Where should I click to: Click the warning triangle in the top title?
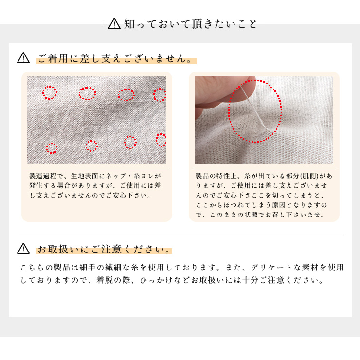[x=114, y=23]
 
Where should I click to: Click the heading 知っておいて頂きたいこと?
[x=190, y=23]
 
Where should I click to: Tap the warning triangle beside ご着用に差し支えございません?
[x=23, y=58]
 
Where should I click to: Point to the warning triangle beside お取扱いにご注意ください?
[x=23, y=249]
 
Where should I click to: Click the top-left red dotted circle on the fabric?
[x=50, y=92]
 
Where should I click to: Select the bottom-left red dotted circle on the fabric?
[x=52, y=148]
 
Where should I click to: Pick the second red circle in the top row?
[x=87, y=93]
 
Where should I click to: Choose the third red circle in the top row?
[x=126, y=94]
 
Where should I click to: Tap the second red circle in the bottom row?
[x=91, y=145]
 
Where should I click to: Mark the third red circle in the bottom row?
[x=130, y=142]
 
